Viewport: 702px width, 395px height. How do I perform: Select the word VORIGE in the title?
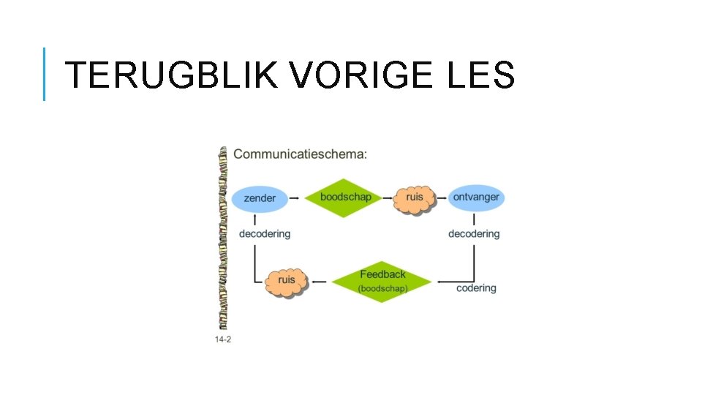coord(355,75)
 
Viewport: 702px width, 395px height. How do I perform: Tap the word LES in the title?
coord(479,75)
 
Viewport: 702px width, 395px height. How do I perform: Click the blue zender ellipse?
coord(260,198)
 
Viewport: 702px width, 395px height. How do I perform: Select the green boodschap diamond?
coord(345,197)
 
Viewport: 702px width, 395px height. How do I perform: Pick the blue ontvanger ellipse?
coord(476,197)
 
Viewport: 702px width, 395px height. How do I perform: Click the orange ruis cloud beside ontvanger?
coord(415,197)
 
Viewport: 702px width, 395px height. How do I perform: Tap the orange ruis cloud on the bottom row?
coord(287,280)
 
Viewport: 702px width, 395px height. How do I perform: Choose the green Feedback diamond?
coord(382,280)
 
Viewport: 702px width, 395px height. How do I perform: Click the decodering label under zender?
coord(265,234)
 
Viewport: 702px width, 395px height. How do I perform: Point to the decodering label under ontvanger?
coord(474,234)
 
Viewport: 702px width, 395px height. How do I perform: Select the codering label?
coord(476,288)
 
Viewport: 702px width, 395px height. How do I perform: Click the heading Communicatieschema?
coord(301,154)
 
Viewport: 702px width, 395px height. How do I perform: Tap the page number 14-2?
coord(223,339)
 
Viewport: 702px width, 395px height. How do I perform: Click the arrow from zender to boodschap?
coord(294,197)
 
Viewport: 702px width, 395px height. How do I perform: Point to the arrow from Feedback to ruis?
coord(320,281)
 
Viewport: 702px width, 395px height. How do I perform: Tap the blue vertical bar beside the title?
coord(44,74)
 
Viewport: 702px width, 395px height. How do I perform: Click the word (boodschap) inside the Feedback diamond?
coord(382,288)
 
